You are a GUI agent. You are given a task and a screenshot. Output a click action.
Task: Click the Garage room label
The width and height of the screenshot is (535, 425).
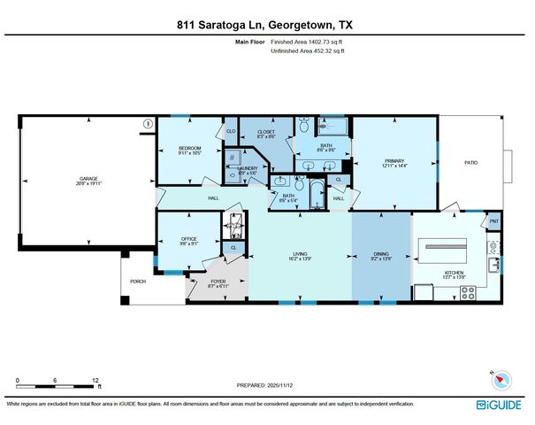86,180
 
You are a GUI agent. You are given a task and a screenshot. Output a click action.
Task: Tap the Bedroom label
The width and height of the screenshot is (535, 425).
190,148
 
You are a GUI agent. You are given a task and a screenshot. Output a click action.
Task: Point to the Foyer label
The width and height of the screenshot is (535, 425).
218,282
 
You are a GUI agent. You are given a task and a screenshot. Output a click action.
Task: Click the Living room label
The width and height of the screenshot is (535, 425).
301,254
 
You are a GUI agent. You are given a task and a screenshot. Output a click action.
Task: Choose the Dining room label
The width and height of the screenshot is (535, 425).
381,254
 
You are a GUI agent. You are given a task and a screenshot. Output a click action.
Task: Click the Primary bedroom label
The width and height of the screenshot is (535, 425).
394,161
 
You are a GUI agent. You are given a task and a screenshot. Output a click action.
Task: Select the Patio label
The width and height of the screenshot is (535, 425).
472,162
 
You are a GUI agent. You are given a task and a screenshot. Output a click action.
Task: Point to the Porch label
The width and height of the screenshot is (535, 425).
138,282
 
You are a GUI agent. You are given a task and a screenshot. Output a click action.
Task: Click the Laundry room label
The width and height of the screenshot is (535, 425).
247,168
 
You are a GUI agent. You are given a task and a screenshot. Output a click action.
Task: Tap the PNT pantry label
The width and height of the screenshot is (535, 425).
493,221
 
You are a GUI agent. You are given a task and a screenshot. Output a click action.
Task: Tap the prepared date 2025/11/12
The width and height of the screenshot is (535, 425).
266,386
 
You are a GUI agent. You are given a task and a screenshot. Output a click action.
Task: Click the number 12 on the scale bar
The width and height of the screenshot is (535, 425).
95,380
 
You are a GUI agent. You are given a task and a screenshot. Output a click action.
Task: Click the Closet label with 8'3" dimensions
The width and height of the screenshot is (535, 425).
266,133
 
